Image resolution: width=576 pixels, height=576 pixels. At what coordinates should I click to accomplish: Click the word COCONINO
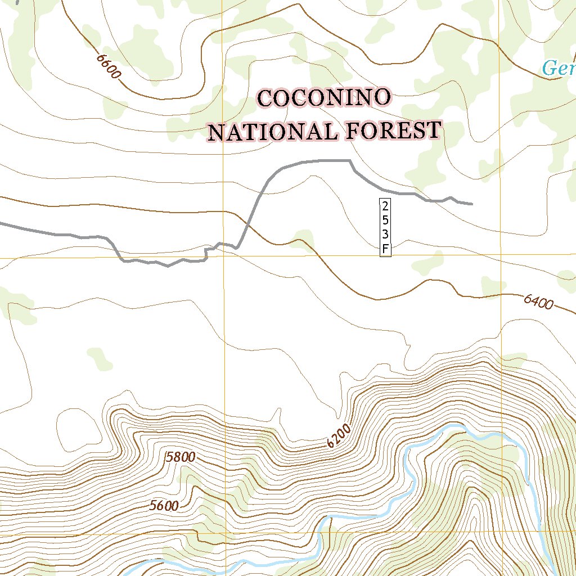tap(324, 98)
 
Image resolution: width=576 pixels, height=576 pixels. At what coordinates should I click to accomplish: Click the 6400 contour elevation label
tap(538, 303)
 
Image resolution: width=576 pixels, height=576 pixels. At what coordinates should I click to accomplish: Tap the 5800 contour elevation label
tap(181, 457)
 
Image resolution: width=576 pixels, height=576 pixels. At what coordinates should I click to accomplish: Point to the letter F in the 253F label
tap(385, 248)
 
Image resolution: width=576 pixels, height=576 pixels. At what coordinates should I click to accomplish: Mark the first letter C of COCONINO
tap(265, 98)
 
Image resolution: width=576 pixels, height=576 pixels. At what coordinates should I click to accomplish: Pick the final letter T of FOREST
tap(433, 130)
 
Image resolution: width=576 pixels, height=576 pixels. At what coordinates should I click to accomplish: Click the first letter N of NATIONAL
tap(216, 134)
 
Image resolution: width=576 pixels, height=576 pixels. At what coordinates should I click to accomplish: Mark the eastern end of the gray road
tap(471, 204)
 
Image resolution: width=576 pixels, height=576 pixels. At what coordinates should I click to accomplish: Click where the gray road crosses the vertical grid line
tap(223, 244)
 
